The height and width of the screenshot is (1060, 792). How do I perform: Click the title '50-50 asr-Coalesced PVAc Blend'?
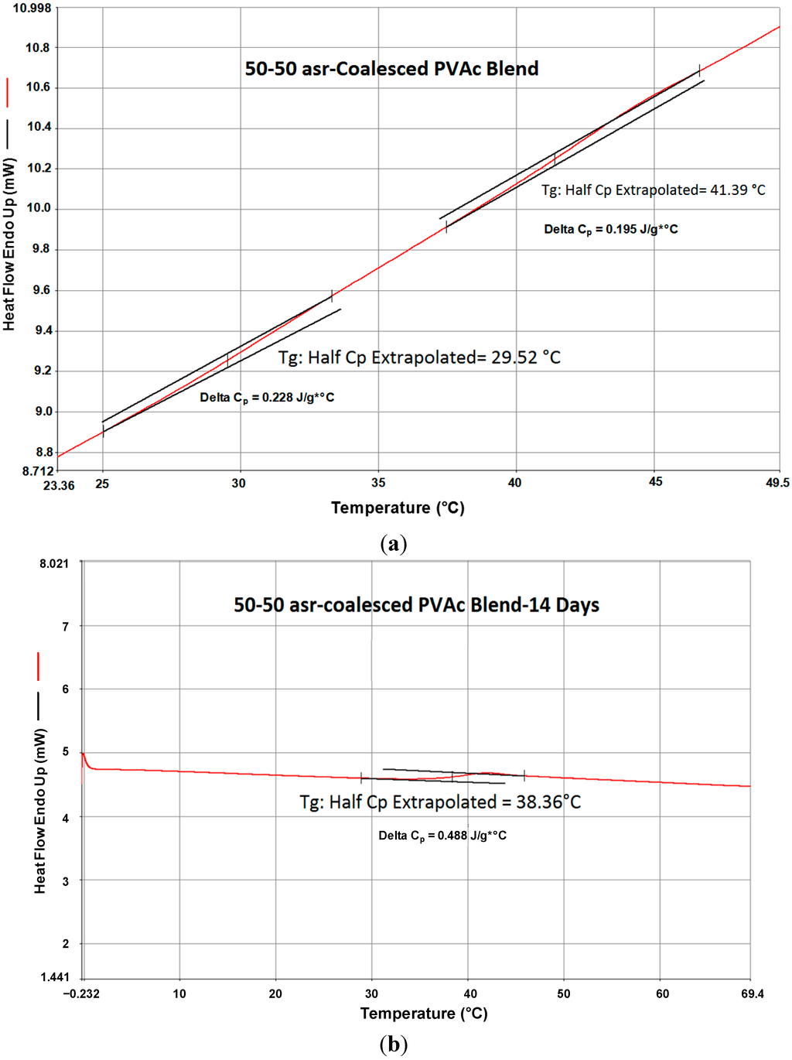(391, 69)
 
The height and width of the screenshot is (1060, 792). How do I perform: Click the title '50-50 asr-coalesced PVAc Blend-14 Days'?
(416, 605)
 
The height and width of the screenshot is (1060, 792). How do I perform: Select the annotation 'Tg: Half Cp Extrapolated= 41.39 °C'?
(653, 190)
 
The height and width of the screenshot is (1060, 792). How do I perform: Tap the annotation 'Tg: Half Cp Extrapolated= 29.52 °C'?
(419, 357)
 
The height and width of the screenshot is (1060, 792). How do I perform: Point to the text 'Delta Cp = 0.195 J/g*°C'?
(610, 230)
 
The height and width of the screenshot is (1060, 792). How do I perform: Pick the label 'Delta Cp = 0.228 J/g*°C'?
(267, 398)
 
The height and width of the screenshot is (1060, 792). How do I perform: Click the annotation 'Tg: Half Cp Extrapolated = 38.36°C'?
(440, 802)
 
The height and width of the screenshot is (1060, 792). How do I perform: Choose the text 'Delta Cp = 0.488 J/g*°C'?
(442, 836)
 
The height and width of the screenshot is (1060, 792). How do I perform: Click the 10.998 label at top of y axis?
(32, 9)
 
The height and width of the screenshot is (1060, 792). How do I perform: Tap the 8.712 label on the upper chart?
(38, 470)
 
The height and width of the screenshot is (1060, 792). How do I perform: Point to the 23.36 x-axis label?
(59, 485)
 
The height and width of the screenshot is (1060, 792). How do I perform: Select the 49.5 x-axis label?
(777, 483)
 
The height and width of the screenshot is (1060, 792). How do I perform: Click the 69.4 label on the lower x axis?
(752, 993)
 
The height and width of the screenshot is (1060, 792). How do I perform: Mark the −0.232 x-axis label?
(81, 993)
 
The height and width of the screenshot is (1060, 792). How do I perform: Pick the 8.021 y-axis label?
(54, 563)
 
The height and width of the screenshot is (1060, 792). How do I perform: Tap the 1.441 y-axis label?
(54, 977)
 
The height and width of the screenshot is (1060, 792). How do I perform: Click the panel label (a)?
(394, 544)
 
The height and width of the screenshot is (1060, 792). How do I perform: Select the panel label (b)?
(394, 1045)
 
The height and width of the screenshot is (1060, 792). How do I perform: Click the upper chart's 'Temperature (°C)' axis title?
(398, 508)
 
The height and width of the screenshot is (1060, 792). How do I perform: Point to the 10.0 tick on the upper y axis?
(38, 208)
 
